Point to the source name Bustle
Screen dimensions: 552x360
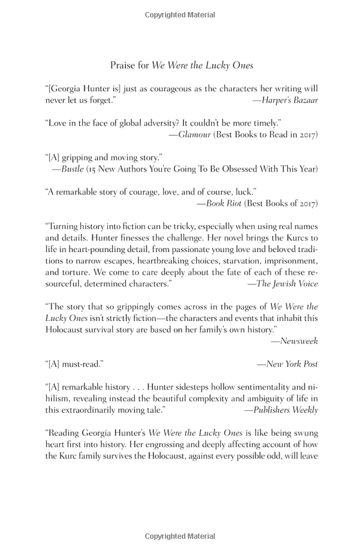click(x=73, y=169)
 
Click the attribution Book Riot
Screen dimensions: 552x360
click(x=223, y=203)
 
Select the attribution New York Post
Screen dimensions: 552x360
click(x=292, y=364)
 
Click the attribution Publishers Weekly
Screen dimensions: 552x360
click(x=286, y=410)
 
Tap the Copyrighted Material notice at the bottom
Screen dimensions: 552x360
click(x=179, y=536)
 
